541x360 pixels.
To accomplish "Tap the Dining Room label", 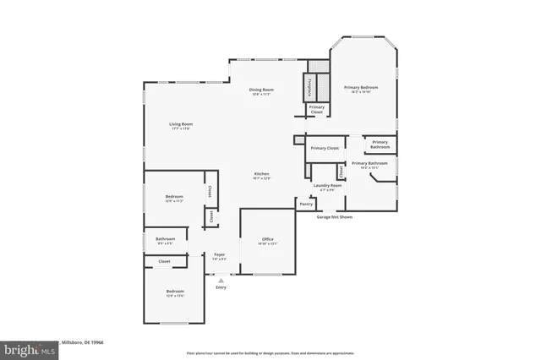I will pos(261,90).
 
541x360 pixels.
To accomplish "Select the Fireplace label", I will pos(309,86).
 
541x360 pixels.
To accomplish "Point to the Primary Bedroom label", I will pos(360,87).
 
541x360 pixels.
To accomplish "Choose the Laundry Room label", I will pos(326,185).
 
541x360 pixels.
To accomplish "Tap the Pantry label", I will pos(305,204).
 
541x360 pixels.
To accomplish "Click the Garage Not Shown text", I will pos(334,217).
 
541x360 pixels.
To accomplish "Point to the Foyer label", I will pos(219,254).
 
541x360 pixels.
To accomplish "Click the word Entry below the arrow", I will pos(221,287).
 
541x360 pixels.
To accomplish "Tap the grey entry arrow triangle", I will pos(221,280).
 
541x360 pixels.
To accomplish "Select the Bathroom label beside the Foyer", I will pos(165,239).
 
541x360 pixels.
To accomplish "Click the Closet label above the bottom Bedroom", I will pos(164,262).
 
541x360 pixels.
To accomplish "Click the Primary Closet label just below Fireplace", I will pos(316,108).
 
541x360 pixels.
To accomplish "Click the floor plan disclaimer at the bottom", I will pos(270,352).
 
